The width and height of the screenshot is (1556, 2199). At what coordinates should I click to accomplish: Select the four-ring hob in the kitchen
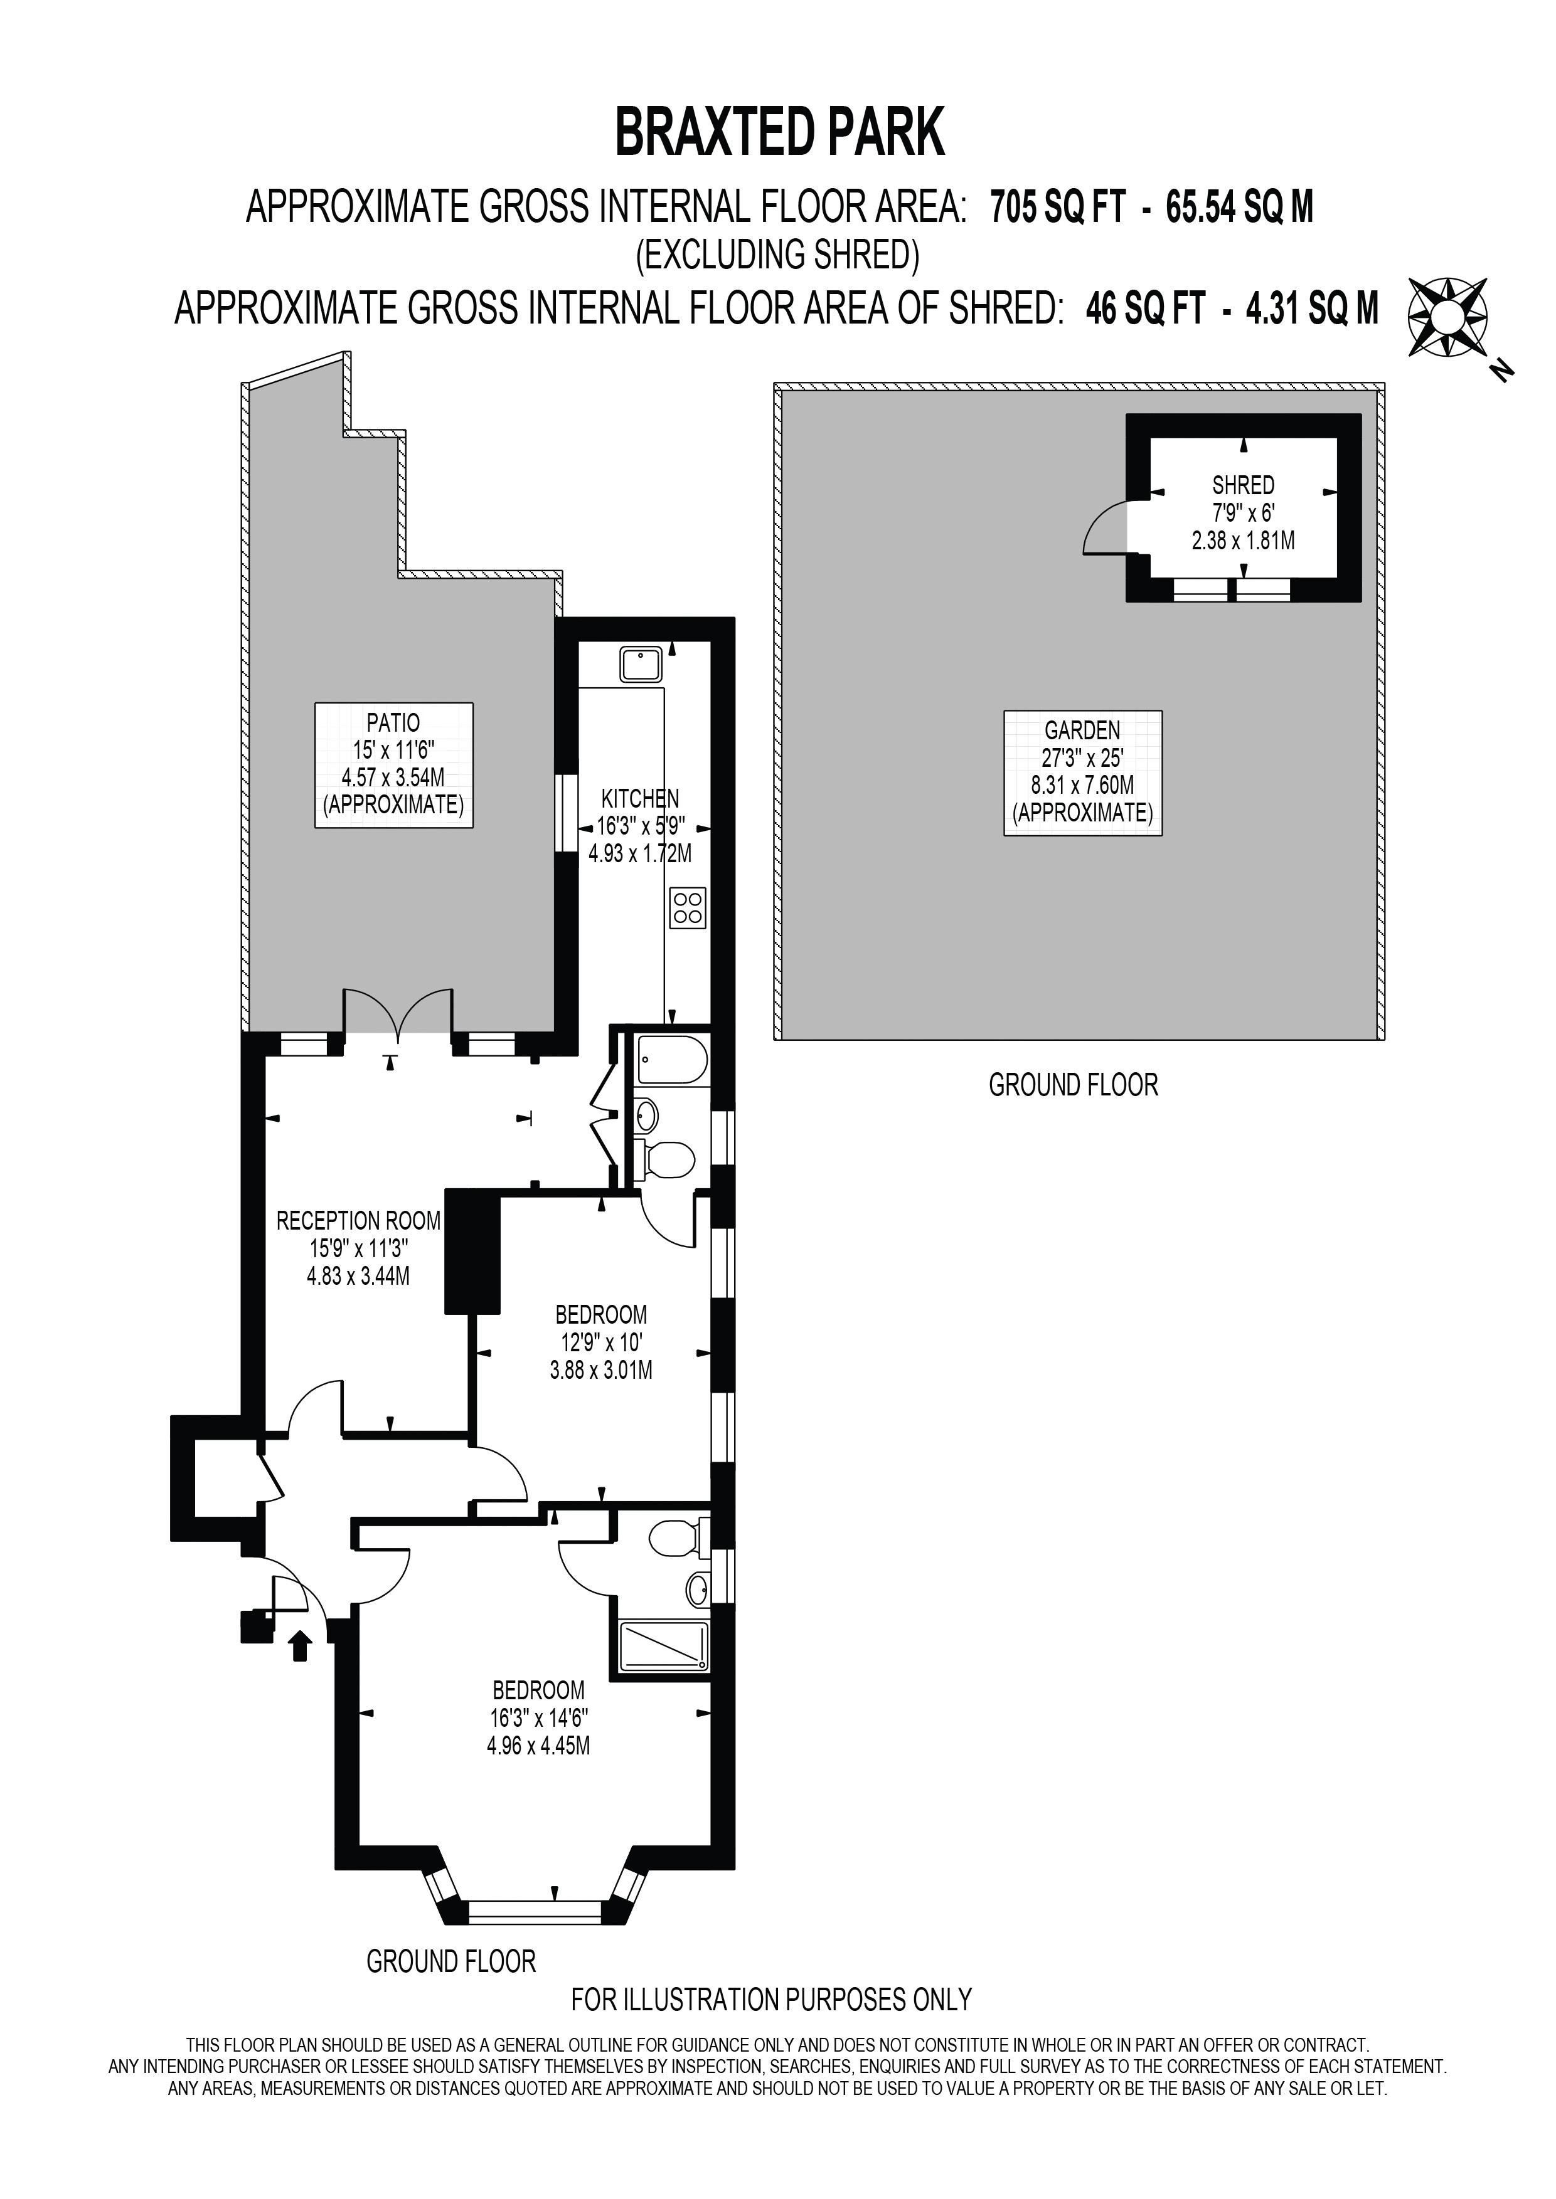688,908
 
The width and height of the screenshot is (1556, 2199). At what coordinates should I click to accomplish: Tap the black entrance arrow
300,1645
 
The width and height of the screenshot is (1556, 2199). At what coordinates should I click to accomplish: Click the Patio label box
394,764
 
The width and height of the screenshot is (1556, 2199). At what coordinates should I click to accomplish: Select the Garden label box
1083,773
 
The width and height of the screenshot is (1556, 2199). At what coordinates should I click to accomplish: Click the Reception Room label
358,1221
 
